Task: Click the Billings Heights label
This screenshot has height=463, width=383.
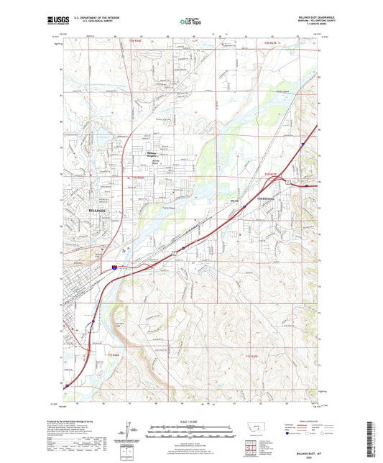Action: coord(152,155)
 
